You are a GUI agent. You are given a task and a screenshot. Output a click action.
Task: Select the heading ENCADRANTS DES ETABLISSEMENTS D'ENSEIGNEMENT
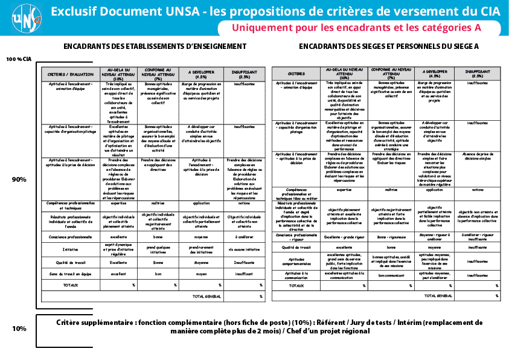[x=155, y=47]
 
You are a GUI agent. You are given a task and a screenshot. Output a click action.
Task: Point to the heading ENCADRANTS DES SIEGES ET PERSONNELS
[x=389, y=47]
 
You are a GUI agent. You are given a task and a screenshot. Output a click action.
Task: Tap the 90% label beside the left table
[x=19, y=179]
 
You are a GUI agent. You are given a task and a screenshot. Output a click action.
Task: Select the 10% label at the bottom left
[x=19, y=329]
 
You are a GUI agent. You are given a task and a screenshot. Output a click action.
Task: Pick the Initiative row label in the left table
[x=71, y=249]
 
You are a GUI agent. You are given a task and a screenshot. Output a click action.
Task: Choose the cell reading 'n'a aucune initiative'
[x=244, y=249]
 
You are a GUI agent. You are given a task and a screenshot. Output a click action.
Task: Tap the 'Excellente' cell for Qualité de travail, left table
[x=118, y=263]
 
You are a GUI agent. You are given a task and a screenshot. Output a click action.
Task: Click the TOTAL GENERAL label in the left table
[x=207, y=297]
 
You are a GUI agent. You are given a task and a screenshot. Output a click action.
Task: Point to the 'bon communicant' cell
[x=391, y=275]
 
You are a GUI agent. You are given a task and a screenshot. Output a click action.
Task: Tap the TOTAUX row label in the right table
[x=296, y=286]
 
